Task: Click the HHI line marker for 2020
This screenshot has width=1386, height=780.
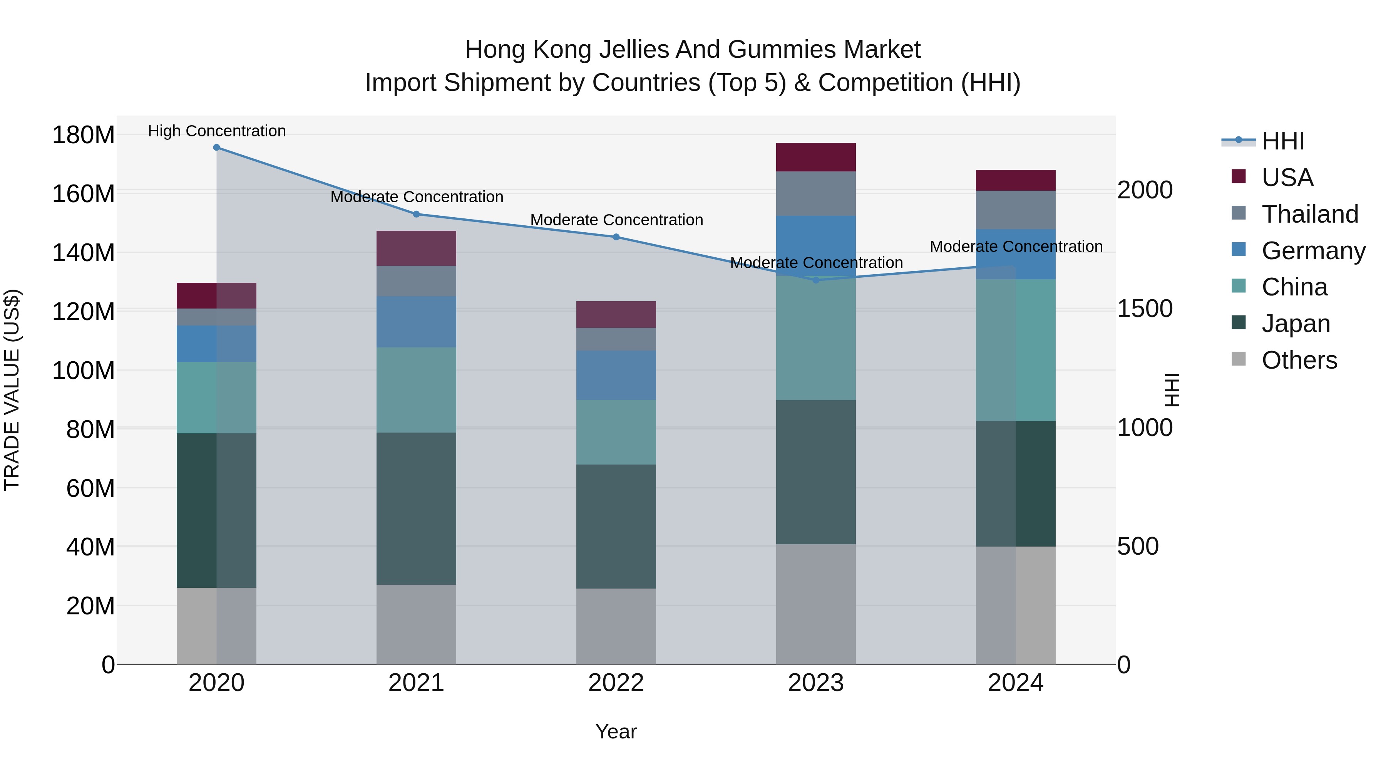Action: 216,148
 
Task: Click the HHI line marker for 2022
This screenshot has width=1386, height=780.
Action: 616,237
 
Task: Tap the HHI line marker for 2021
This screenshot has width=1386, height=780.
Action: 416,214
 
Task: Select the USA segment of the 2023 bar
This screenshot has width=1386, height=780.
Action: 816,157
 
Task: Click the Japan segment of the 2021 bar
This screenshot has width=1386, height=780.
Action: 416,509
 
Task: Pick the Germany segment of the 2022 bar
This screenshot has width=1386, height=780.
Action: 616,375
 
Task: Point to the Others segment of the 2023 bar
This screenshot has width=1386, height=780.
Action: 816,604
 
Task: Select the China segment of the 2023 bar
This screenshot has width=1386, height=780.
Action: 816,339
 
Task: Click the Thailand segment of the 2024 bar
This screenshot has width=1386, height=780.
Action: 1015,210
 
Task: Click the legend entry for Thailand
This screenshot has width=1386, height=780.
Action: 1310,214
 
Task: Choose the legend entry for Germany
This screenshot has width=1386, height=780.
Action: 1313,251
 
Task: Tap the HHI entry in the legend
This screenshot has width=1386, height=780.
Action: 1283,141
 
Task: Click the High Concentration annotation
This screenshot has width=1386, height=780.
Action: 216,131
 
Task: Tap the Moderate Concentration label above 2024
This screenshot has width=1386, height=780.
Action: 1016,247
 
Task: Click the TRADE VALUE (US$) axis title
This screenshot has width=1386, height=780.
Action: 12,390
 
